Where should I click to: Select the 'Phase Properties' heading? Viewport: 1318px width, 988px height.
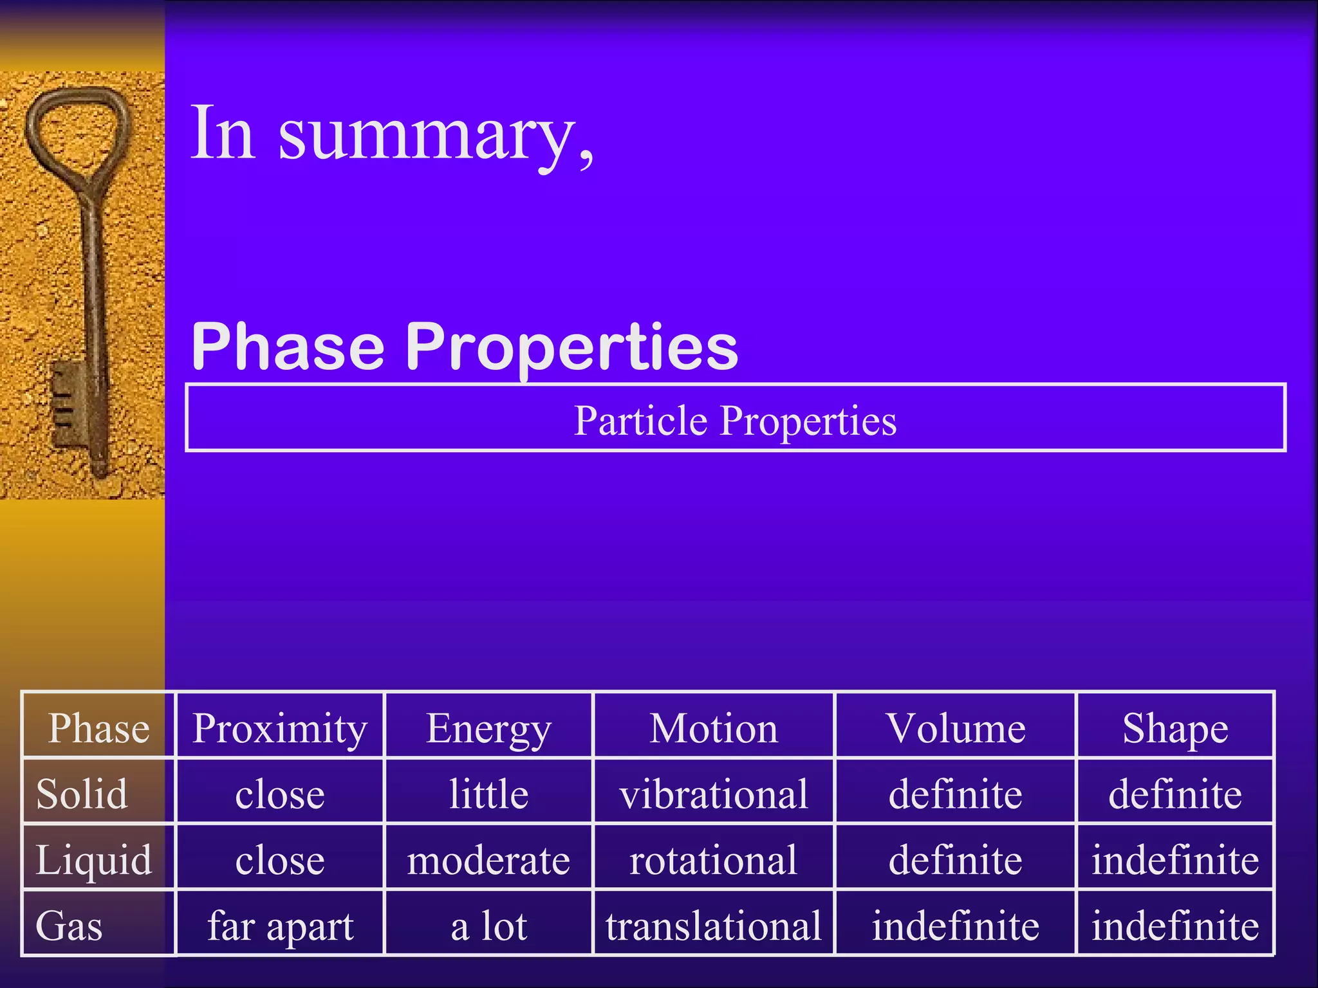click(x=465, y=347)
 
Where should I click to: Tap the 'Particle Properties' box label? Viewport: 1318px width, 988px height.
click(x=735, y=421)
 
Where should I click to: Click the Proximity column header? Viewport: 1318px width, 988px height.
click(x=279, y=728)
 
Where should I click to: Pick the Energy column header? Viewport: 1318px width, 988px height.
click(x=488, y=728)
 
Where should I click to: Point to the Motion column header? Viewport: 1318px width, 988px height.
click(x=713, y=728)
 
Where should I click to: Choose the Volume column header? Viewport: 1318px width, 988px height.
click(x=955, y=728)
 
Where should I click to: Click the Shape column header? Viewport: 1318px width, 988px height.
click(x=1175, y=728)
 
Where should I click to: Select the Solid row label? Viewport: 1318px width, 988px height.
click(x=82, y=794)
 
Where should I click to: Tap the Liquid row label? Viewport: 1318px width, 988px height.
click(x=93, y=860)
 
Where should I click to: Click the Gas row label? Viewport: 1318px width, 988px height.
click(x=69, y=926)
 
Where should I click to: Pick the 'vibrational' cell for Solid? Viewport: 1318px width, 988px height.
click(x=713, y=794)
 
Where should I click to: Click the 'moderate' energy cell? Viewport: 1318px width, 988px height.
click(x=488, y=860)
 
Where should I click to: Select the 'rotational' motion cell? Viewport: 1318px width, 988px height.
click(x=713, y=860)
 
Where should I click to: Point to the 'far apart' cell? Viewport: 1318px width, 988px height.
click(x=279, y=926)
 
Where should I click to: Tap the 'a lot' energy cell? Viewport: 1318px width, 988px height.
click(x=488, y=926)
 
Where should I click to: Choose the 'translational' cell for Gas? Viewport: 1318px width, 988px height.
click(x=713, y=926)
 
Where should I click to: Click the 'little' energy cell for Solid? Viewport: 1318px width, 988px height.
click(x=488, y=794)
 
